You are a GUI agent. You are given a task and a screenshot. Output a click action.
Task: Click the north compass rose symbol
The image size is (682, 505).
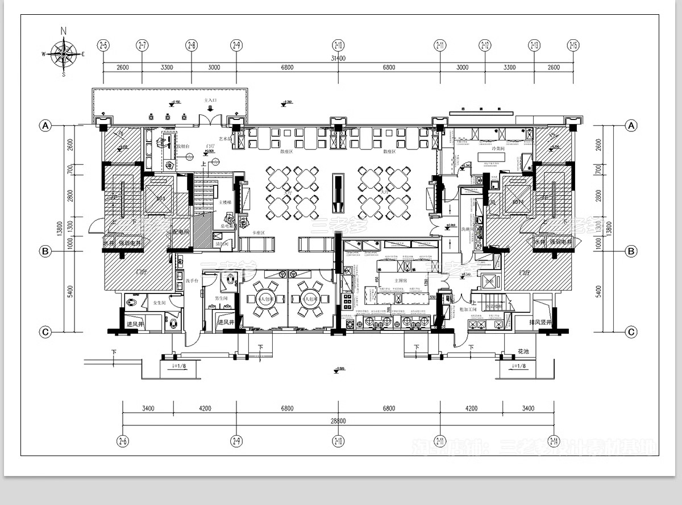64,54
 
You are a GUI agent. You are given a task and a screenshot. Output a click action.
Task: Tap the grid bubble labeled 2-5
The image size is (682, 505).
103,45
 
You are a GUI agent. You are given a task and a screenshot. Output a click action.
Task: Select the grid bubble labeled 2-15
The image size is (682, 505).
573,45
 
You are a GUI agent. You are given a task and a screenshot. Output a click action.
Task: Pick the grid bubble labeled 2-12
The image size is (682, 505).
485,45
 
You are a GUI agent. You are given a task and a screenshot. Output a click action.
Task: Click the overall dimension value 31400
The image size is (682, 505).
338,58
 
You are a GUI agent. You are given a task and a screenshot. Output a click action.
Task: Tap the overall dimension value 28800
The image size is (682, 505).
338,421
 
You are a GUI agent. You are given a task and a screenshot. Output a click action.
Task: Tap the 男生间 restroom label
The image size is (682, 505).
221,298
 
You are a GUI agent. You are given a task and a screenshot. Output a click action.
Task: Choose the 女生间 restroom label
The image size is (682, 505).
159,303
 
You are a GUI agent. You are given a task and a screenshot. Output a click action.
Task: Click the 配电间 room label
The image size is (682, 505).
180,232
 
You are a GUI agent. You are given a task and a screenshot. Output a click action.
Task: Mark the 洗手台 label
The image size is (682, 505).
191,281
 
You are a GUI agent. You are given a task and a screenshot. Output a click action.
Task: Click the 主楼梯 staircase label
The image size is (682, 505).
225,202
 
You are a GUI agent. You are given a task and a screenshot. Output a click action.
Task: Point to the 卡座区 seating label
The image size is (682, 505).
259,233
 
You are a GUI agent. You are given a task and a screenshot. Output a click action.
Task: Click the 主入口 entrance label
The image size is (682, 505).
211,100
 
